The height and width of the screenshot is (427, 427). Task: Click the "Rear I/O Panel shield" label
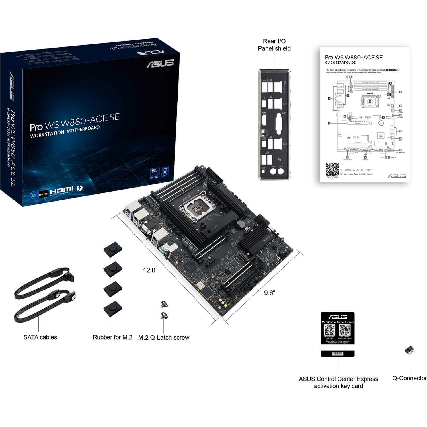click(274, 45)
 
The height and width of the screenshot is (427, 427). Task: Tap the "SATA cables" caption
click(40, 337)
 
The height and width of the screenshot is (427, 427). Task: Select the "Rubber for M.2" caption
click(112, 337)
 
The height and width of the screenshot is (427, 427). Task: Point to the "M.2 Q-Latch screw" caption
click(164, 338)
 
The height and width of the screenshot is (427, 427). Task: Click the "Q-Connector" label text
click(409, 378)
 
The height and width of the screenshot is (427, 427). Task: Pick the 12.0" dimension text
click(150, 270)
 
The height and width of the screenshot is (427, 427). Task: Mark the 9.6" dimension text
click(269, 293)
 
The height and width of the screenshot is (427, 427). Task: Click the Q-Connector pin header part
click(410, 350)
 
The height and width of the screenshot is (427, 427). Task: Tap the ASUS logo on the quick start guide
click(397, 176)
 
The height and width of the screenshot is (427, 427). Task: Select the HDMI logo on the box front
click(62, 190)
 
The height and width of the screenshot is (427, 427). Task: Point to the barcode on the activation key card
click(337, 354)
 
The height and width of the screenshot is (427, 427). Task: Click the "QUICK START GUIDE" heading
click(340, 63)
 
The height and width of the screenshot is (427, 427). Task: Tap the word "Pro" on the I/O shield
click(280, 160)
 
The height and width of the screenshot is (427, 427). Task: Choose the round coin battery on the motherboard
click(241, 224)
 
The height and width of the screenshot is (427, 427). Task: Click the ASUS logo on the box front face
click(160, 64)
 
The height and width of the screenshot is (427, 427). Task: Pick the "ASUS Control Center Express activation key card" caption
click(338, 383)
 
